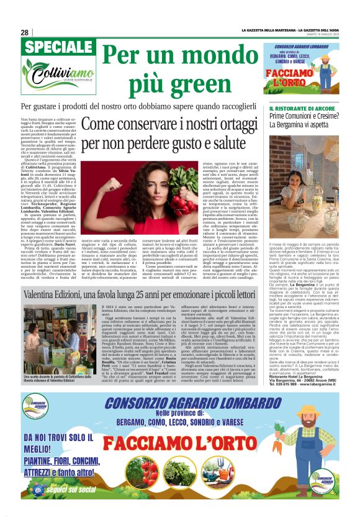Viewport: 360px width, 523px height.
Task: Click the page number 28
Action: tap(24, 32)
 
